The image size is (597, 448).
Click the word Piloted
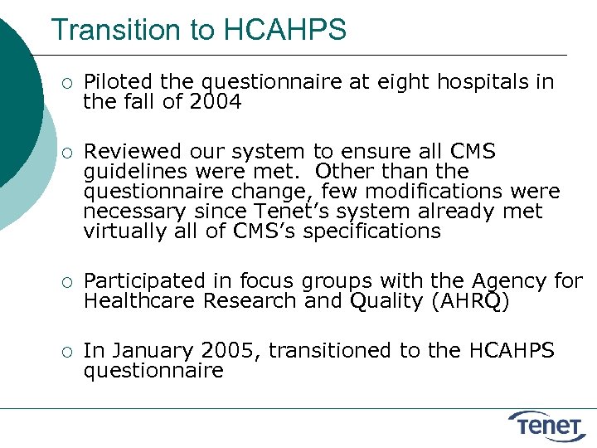[119, 82]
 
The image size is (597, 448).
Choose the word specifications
[371, 231]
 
